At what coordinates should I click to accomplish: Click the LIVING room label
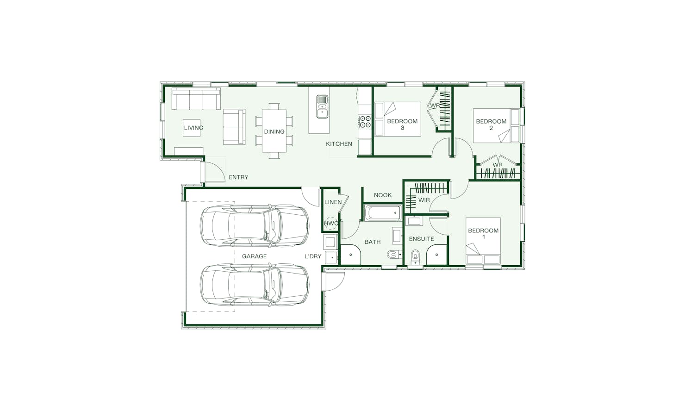click(x=193, y=128)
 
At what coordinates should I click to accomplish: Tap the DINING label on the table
click(x=274, y=132)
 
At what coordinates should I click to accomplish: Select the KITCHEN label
click(x=339, y=144)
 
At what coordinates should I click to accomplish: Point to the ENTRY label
click(x=238, y=177)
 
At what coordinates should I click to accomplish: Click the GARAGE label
click(x=254, y=256)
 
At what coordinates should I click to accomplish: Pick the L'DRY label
click(x=313, y=256)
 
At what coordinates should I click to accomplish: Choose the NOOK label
click(x=383, y=195)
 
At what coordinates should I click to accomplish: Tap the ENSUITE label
click(x=421, y=239)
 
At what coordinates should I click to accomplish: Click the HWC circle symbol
click(x=331, y=223)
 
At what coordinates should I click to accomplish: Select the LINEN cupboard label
click(x=333, y=202)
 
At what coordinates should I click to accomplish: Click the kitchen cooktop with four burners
click(x=365, y=121)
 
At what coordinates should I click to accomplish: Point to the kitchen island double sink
click(x=322, y=106)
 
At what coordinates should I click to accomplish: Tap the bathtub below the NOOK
click(x=383, y=212)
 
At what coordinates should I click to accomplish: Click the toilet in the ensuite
click(x=415, y=256)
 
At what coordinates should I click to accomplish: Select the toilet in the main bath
click(x=394, y=254)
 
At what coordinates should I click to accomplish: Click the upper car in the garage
click(x=255, y=226)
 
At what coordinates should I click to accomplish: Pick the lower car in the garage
click(x=255, y=285)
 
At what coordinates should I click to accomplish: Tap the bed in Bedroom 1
click(x=483, y=241)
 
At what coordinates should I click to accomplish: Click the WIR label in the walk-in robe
click(x=424, y=200)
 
